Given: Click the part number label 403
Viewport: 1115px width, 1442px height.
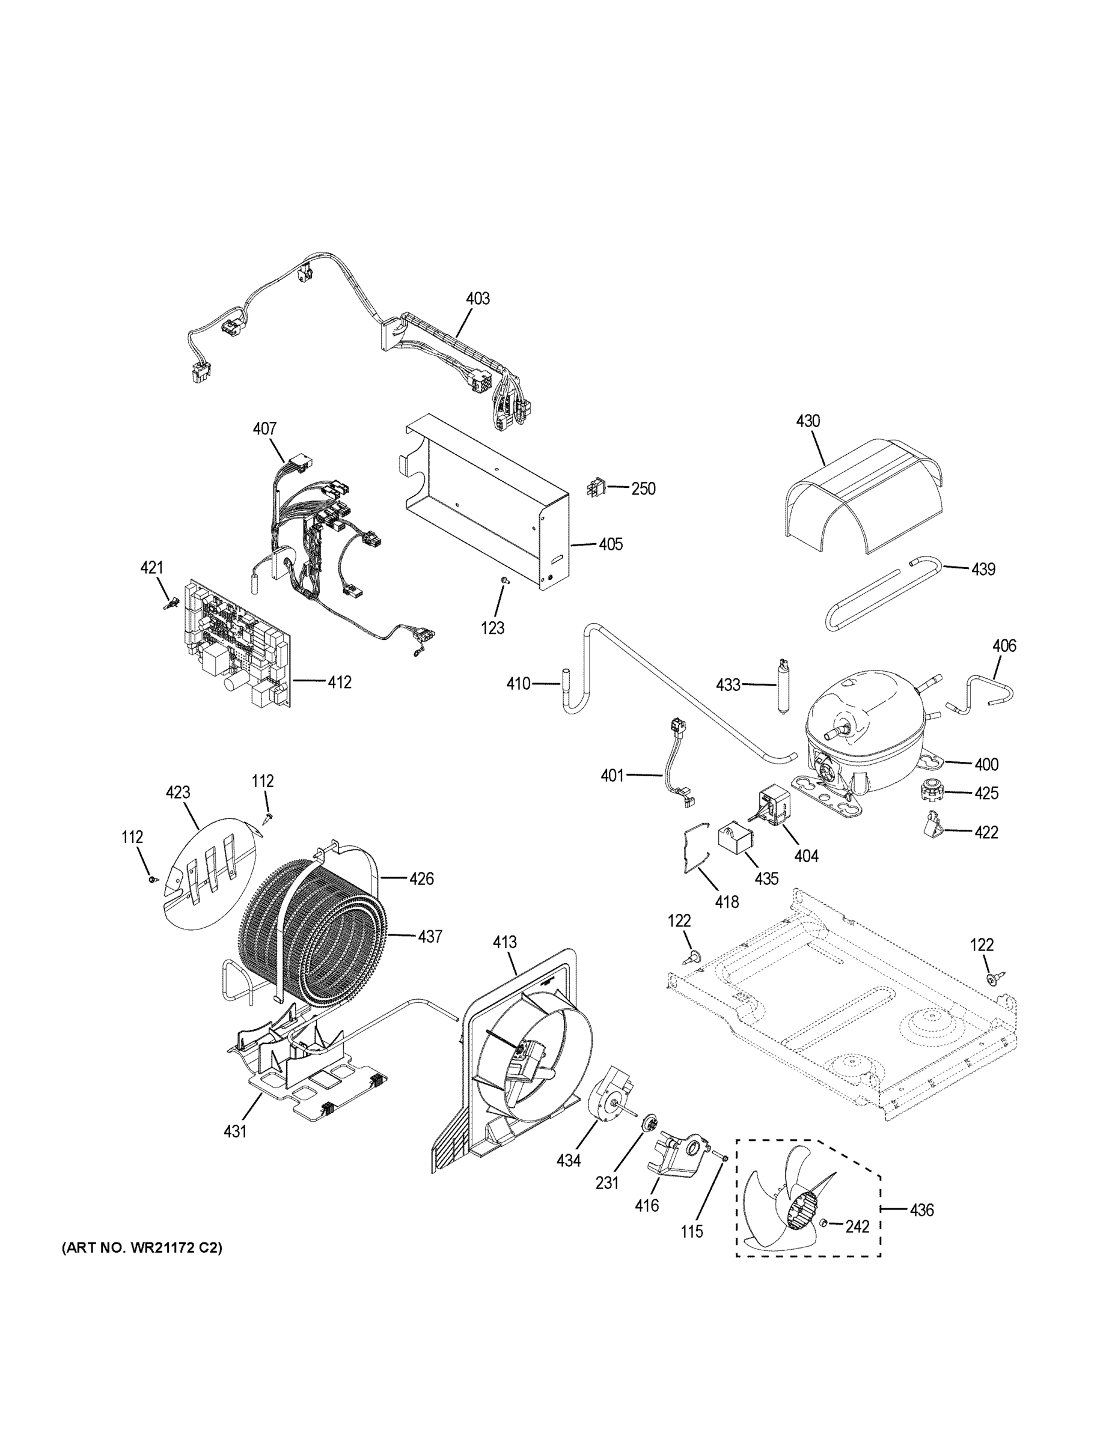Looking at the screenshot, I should pyautogui.click(x=478, y=299).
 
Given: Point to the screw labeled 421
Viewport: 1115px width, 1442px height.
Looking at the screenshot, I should pyautogui.click(x=168, y=603).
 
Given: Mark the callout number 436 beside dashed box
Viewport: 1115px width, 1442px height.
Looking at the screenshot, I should pyautogui.click(x=921, y=1209).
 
